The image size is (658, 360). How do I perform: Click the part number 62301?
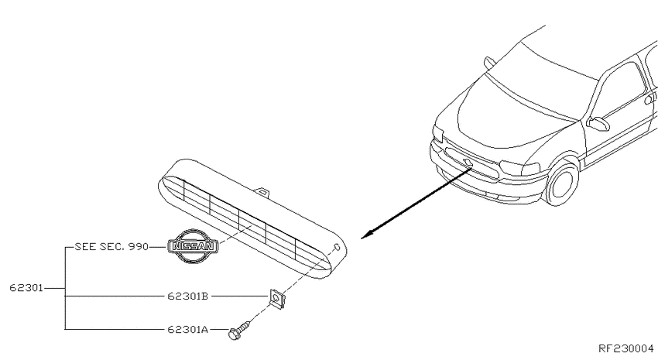(26, 288)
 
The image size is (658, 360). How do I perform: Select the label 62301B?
(187, 297)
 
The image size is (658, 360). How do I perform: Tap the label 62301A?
(187, 329)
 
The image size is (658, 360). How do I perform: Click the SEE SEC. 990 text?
(111, 247)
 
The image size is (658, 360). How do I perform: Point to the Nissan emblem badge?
(193, 247)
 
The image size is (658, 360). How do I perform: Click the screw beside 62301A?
(240, 330)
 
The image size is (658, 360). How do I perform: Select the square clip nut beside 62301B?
(276, 299)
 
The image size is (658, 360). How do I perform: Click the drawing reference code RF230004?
(625, 348)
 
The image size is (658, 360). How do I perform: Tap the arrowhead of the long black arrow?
(367, 235)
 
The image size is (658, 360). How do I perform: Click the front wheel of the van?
(562, 183)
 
